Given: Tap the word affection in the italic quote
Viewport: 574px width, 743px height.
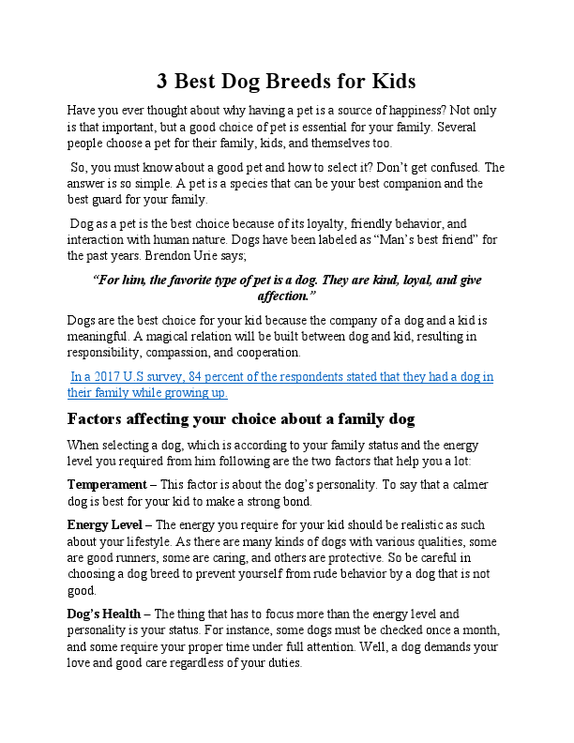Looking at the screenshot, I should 286,295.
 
